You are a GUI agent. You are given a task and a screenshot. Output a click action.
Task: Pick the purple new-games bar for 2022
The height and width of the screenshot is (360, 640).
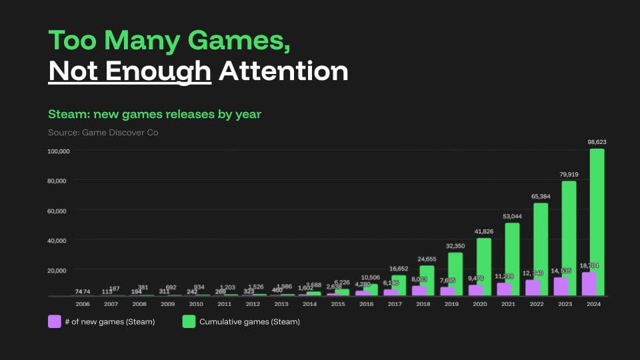coord(533,287)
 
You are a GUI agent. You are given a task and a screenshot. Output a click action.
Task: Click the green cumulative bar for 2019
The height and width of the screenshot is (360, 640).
coord(455,273)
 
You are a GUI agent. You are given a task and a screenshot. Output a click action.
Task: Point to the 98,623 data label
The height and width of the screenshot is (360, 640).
coord(597,142)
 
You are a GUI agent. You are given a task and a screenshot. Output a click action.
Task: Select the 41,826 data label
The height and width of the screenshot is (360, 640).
coord(483,231)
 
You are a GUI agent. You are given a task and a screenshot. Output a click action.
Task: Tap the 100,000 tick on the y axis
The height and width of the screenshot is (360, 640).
coord(59,151)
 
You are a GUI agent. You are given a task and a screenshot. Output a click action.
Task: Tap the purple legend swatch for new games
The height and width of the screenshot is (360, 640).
coord(55,322)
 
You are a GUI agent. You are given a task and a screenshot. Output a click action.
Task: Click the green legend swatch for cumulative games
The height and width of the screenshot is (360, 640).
coord(189,322)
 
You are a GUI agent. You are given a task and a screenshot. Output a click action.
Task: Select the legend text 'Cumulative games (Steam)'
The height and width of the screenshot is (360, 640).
coord(249,322)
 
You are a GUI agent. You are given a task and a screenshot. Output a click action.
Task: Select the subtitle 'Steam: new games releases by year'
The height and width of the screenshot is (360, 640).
coord(155,114)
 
